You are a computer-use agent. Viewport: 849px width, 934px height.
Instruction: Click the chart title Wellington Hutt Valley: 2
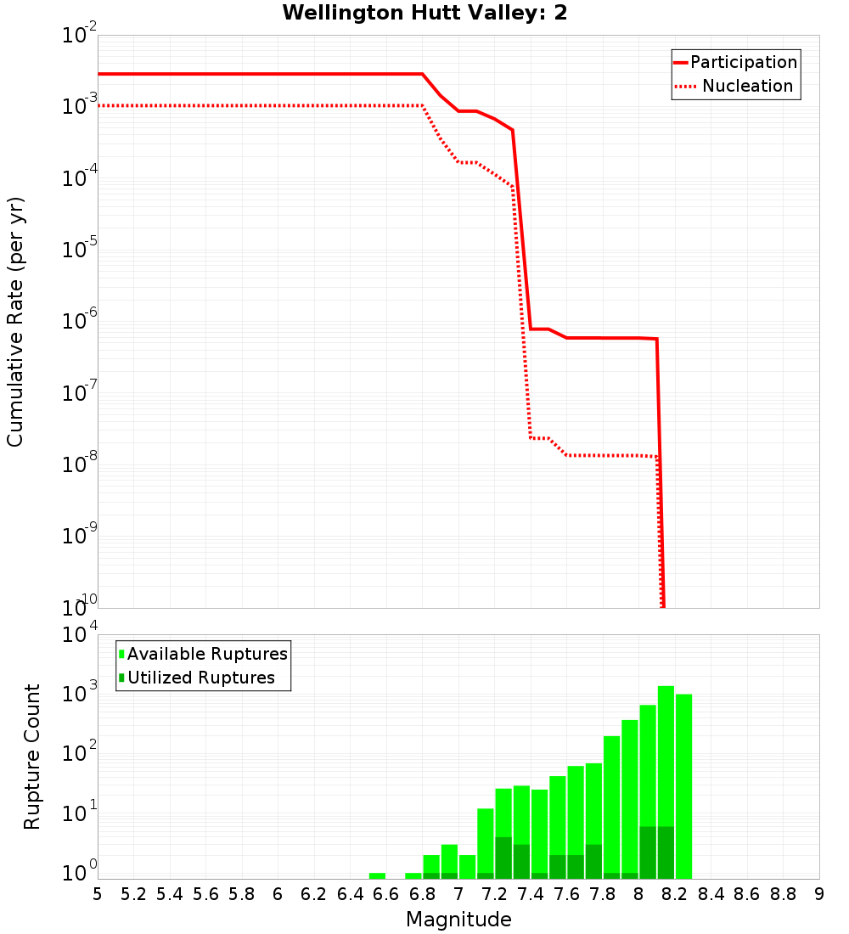pyautogui.click(x=424, y=13)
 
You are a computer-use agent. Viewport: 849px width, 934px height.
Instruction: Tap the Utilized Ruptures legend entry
pyautogui.click(x=200, y=678)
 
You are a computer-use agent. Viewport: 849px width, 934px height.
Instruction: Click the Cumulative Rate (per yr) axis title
pyautogui.click(x=15, y=322)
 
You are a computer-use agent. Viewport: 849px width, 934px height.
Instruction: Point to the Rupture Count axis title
pyautogui.click(x=32, y=757)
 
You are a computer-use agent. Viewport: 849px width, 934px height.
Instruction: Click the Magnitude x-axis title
pyautogui.click(x=458, y=920)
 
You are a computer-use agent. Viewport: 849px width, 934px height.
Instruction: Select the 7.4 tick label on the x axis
pyautogui.click(x=531, y=894)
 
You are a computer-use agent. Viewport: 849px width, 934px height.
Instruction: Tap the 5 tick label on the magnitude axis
pyautogui.click(x=98, y=894)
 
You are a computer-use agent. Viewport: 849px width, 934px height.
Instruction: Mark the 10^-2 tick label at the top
pyautogui.click(x=80, y=35)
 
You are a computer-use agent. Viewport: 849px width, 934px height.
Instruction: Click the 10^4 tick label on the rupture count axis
pyautogui.click(x=80, y=634)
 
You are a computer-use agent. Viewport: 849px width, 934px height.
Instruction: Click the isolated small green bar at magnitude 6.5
pyautogui.click(x=377, y=875)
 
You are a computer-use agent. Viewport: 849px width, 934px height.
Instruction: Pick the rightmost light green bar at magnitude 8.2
pyautogui.click(x=684, y=785)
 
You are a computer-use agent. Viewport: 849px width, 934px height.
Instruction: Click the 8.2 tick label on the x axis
pyautogui.click(x=675, y=894)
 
